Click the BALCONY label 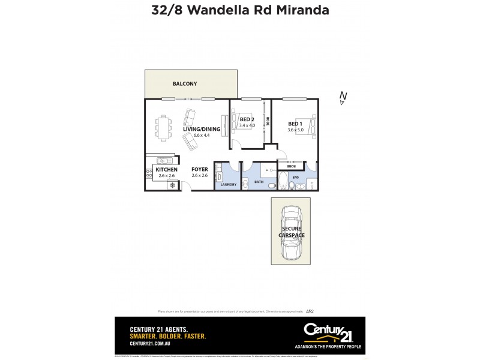click(185, 84)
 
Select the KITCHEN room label click(166, 170)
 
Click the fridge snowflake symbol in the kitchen click(173, 185)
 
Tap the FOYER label click(200, 170)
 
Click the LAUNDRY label click(229, 184)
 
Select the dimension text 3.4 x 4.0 click(247, 125)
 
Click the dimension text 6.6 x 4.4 click(202, 135)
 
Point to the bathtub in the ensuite click(281, 181)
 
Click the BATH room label click(259, 181)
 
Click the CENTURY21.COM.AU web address click(151, 344)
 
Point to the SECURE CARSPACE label click(293, 232)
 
